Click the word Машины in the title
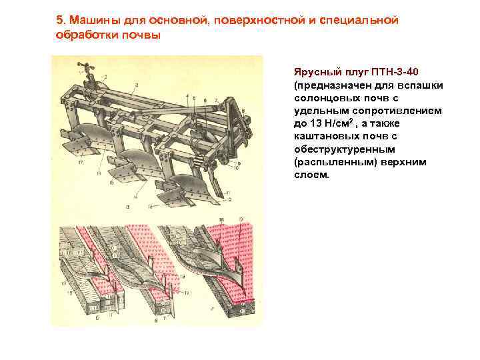click(x=92, y=21)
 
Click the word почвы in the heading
click(x=140, y=35)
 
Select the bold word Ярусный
click(x=317, y=71)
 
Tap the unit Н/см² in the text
click(x=343, y=123)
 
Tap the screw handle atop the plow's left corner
click(x=83, y=66)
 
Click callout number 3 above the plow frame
click(x=136, y=84)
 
